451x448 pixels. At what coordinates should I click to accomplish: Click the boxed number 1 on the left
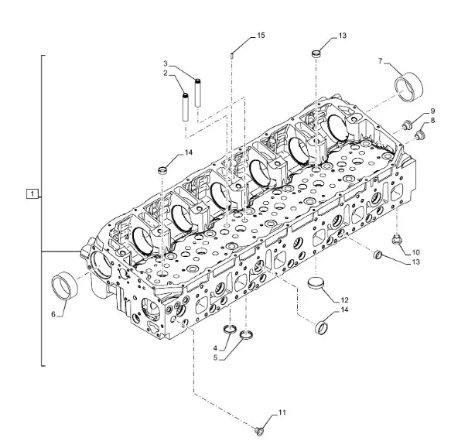[32, 193]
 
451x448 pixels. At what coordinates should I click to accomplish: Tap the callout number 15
[261, 36]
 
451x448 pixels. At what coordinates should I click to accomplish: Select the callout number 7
[381, 61]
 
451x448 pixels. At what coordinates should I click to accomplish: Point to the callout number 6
[53, 314]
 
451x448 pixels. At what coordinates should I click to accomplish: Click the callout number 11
[282, 412]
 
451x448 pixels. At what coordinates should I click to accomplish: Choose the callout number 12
[344, 300]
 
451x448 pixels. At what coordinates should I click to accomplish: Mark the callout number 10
[416, 253]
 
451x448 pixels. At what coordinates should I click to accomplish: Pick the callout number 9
[432, 111]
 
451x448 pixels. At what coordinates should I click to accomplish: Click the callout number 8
[432, 121]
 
